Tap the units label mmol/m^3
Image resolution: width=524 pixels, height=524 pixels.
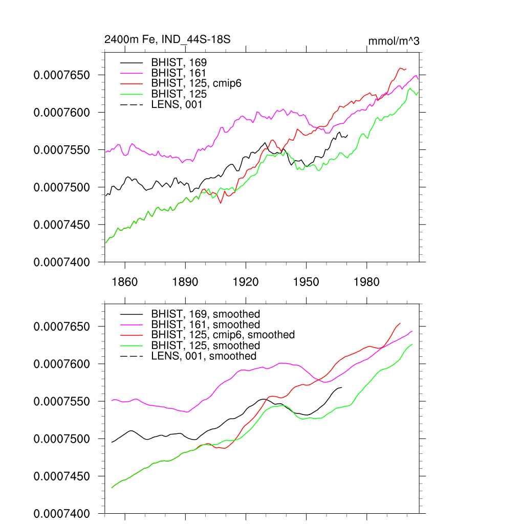[394, 40]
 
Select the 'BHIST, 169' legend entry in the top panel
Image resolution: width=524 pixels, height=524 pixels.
[179, 62]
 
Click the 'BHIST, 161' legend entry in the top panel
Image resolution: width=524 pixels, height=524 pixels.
[179, 73]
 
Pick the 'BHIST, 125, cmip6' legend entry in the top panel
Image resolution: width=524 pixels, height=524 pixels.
[196, 83]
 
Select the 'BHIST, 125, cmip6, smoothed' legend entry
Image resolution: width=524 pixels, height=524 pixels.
[223, 335]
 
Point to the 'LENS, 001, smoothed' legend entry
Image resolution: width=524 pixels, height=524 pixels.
[204, 356]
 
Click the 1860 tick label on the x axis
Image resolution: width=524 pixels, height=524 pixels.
[125, 282]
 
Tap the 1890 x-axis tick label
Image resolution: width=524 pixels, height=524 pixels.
[185, 282]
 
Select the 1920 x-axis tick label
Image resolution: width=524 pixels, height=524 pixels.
[246, 282]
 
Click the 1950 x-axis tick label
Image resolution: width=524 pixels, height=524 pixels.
[306, 282]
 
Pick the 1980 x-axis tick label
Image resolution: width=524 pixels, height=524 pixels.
[366, 282]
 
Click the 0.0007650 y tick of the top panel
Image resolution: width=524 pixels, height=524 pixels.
[62, 75]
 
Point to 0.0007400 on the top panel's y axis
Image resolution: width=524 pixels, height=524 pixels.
[62, 262]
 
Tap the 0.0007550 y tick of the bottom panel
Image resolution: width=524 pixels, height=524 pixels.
[62, 402]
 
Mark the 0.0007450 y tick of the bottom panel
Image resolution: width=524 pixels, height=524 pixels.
[62, 476]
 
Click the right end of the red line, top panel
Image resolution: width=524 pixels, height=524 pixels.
[406, 69]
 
